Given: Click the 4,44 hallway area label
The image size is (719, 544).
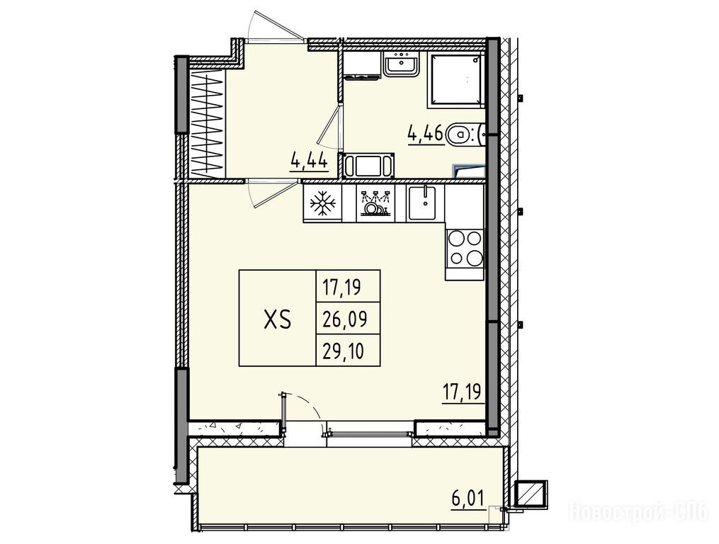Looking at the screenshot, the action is pyautogui.click(x=309, y=161).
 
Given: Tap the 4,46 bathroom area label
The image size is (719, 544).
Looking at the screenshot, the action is pyautogui.click(x=426, y=133).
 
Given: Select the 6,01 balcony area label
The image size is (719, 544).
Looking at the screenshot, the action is pyautogui.click(x=468, y=498).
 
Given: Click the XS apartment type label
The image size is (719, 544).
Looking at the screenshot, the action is pyautogui.click(x=278, y=319).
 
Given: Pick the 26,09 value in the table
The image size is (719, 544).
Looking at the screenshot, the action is pyautogui.click(x=345, y=319).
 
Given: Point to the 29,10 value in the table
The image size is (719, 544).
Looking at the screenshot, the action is pyautogui.click(x=343, y=351).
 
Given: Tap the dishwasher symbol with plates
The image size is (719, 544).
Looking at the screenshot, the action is pyautogui.click(x=375, y=203).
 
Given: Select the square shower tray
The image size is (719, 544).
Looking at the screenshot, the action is pyautogui.click(x=455, y=80).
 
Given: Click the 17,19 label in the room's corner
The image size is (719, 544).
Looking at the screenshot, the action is pyautogui.click(x=463, y=393).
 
